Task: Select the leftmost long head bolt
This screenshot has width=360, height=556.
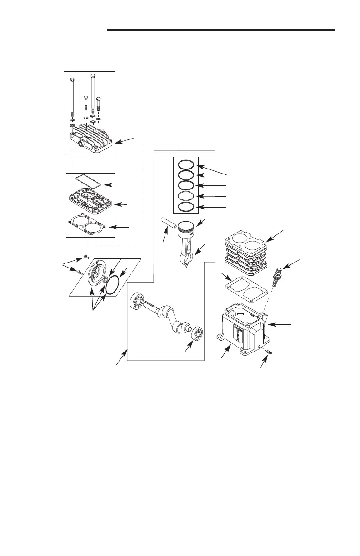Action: [x=72, y=98]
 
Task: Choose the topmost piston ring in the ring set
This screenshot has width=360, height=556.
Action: [x=186, y=164]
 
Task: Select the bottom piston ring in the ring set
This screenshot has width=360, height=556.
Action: [x=186, y=207]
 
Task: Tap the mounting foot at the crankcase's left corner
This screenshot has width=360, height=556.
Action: [x=221, y=338]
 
